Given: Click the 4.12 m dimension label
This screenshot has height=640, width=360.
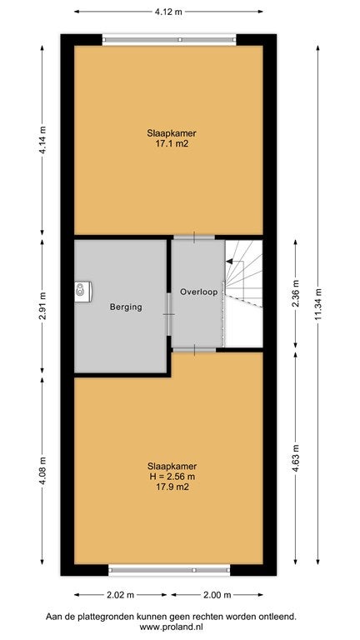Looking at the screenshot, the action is click(x=168, y=12).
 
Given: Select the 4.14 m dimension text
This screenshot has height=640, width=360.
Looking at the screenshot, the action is click(x=42, y=140).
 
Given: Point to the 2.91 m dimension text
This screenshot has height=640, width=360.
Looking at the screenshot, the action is click(x=42, y=306).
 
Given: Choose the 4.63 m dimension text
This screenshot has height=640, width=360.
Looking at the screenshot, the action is click(x=296, y=457).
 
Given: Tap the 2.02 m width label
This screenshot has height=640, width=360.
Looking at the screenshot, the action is click(x=120, y=595).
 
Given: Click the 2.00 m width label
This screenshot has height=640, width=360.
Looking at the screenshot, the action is click(x=217, y=595).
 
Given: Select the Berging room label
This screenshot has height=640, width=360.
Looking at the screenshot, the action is click(x=126, y=307).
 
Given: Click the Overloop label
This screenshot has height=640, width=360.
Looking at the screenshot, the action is click(x=197, y=292).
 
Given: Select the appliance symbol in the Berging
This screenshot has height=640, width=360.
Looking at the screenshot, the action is click(x=82, y=292).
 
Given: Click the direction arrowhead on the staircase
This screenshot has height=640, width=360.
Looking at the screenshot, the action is click(x=229, y=262).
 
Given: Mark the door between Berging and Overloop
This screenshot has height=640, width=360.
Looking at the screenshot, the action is click(x=168, y=314).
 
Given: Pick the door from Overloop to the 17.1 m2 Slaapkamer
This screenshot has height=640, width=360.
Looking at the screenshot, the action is click(x=194, y=237).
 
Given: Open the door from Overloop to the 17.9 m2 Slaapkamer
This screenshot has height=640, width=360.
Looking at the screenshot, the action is click(x=194, y=350).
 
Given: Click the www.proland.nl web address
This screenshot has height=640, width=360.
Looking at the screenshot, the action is click(x=172, y=627).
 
